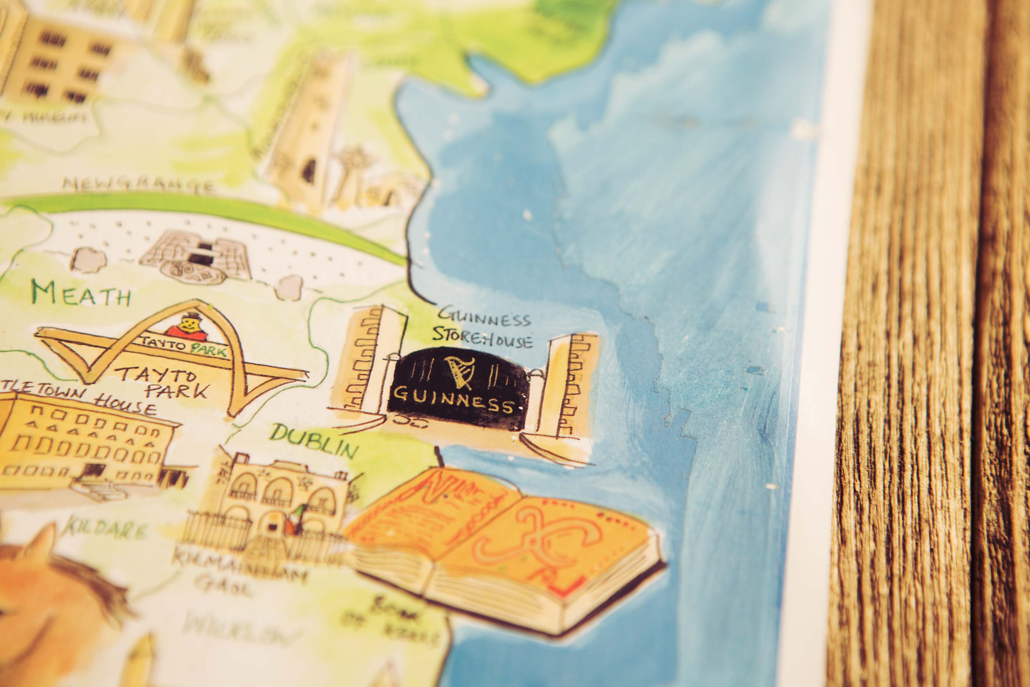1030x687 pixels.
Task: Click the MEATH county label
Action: point(81,294)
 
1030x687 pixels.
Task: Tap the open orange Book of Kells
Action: point(504,548)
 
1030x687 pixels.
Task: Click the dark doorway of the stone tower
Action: point(309,170)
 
